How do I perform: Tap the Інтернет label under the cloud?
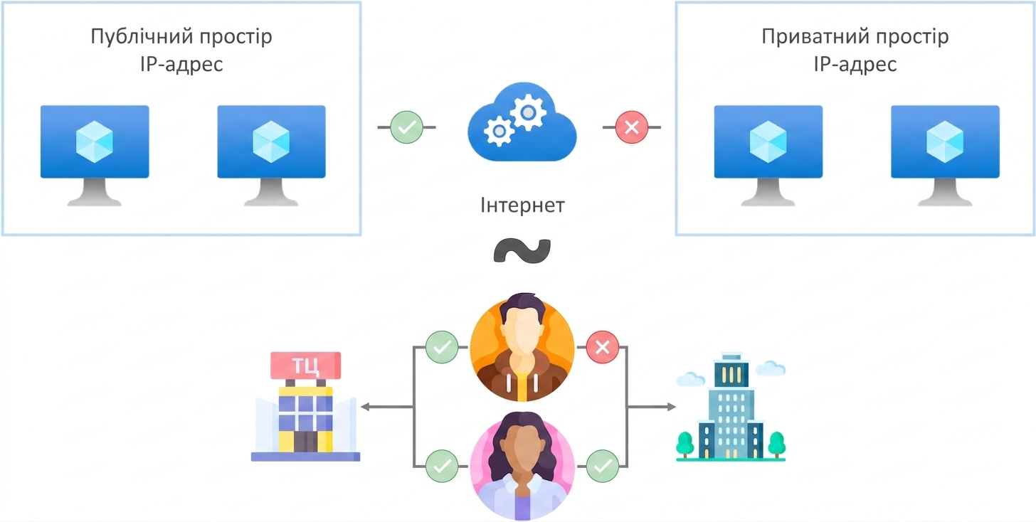[x=522, y=206]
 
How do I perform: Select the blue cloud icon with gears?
[x=522, y=122]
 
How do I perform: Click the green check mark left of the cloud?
[x=406, y=127]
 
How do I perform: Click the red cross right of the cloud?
[x=631, y=127]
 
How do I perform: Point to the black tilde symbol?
[x=522, y=250]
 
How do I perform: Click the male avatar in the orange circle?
[x=522, y=347]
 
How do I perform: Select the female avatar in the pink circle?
[x=522, y=466]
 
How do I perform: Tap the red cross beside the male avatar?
[x=602, y=347]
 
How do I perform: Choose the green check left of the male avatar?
[x=442, y=347]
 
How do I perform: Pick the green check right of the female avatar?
[x=602, y=466]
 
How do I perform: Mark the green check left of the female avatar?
[x=442, y=466]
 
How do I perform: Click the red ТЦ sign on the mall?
[x=306, y=366]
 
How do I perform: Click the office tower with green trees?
[x=731, y=407]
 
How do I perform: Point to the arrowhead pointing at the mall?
[x=365, y=407]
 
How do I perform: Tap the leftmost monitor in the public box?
[x=95, y=155]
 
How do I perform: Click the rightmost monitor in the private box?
[x=945, y=155]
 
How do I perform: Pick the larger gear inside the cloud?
[x=528, y=112]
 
